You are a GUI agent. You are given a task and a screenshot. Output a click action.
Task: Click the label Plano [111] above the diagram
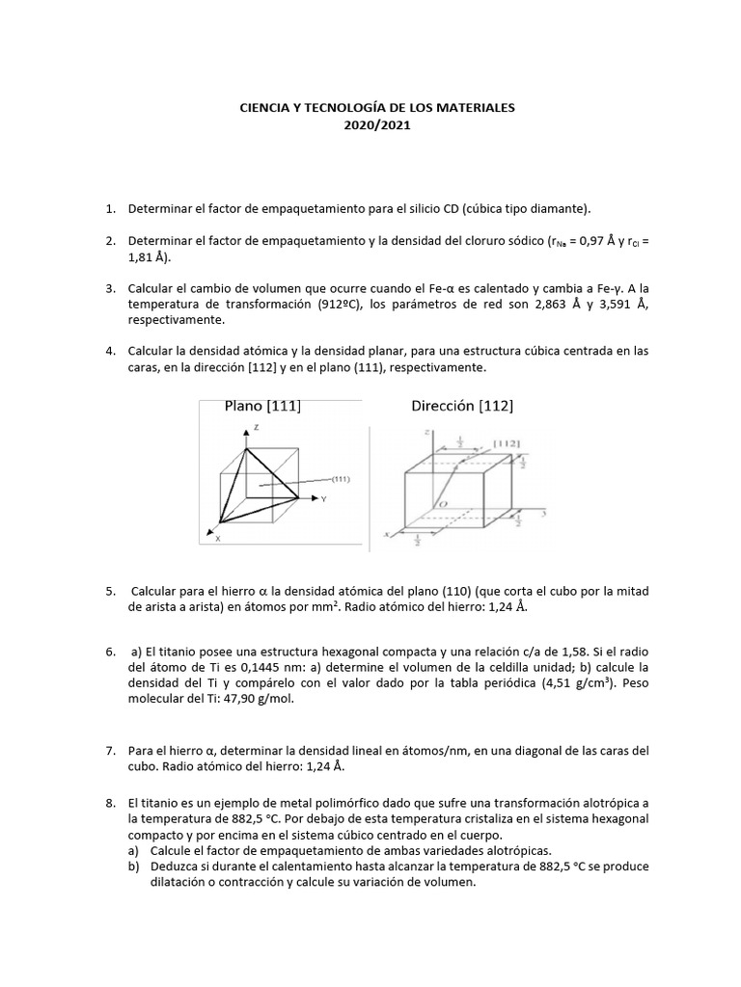pos(262,406)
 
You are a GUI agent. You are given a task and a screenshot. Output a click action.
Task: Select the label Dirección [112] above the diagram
pos(462,406)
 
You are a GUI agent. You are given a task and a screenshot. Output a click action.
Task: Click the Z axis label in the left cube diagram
pos(255,426)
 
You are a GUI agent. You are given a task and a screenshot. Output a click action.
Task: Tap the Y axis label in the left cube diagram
pos(324,499)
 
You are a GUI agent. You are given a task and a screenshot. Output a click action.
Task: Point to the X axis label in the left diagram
pos(217,539)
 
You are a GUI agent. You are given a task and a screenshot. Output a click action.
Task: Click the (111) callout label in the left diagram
pos(340,478)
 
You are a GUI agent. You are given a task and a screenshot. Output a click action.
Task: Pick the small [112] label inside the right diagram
pos(508,442)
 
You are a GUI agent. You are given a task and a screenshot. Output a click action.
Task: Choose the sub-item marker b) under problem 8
pos(133,867)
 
